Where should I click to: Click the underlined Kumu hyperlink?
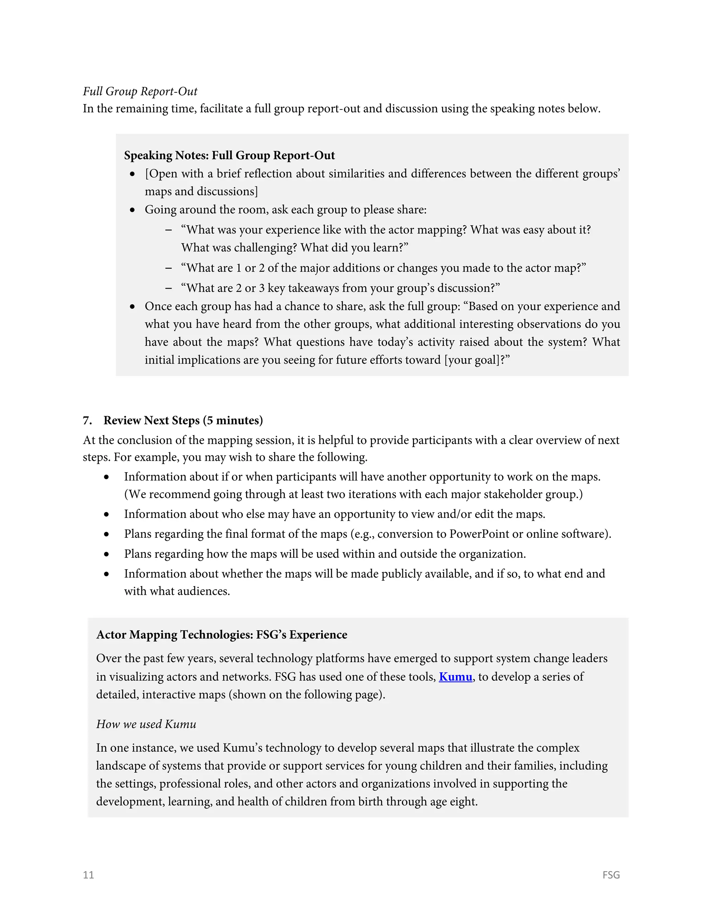tap(455, 677)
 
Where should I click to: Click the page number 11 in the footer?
tap(88, 875)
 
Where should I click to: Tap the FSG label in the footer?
tap(611, 875)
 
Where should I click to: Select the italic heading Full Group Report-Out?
tap(140, 91)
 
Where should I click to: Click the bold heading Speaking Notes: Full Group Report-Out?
tap(229, 156)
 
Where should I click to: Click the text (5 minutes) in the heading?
tap(233, 420)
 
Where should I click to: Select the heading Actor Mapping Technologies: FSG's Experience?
tap(221, 635)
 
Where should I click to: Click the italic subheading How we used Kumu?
tap(146, 724)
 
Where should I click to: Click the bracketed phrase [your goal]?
tap(471, 360)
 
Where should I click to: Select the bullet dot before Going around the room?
tap(132, 210)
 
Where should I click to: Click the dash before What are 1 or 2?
tap(168, 268)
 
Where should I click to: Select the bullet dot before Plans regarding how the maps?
tap(107, 555)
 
